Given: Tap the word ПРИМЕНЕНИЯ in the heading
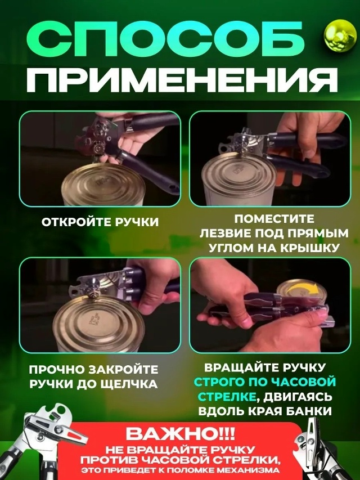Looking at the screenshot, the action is (182, 80).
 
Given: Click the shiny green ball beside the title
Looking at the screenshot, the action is (340, 35).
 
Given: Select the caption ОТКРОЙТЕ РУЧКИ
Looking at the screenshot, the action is (100, 222).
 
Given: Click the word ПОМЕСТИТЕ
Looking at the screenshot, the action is (274, 219).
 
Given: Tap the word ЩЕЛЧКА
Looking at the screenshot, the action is (132, 384).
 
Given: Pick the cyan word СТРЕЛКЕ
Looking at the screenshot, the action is (227, 396).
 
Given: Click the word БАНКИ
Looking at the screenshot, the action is (309, 411).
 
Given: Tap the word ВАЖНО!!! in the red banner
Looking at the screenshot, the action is (181, 433).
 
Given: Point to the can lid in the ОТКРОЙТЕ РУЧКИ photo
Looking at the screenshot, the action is (103, 185).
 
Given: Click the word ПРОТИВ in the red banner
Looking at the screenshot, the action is (109, 460).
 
